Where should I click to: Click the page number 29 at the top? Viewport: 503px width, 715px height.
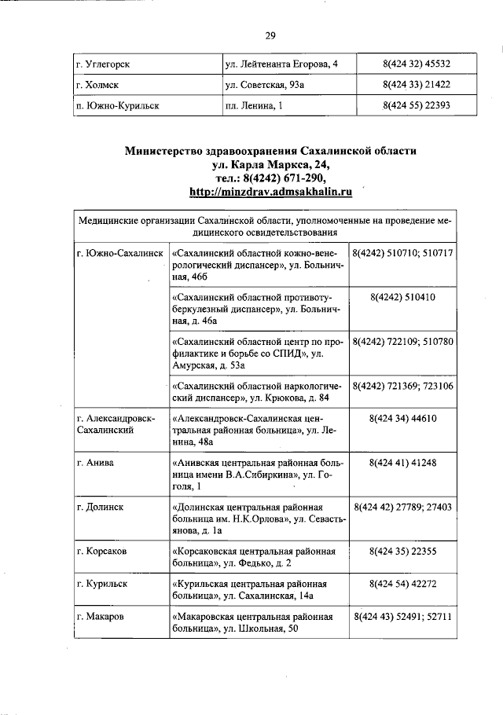pos(270,35)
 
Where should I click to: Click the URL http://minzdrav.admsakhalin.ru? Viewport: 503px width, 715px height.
pos(270,191)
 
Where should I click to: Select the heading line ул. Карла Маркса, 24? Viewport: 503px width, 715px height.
pos(270,164)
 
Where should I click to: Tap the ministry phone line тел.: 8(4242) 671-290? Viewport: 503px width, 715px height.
pos(270,178)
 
